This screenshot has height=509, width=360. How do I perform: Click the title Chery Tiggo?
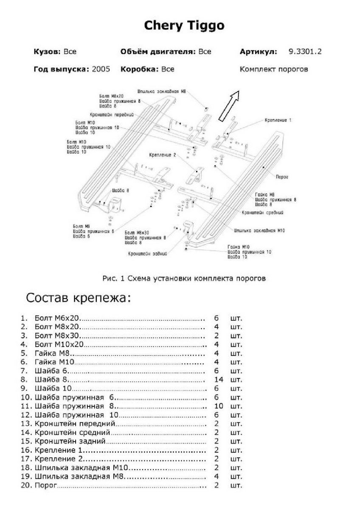click(x=184, y=26)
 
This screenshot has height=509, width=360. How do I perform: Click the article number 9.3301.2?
click(x=305, y=52)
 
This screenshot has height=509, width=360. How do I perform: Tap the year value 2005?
click(x=101, y=69)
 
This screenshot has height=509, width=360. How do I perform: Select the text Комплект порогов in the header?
click(x=273, y=69)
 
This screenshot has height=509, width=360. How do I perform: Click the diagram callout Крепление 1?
click(x=278, y=120)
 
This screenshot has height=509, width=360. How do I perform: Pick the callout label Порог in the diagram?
click(x=282, y=177)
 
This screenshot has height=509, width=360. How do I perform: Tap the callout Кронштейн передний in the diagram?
click(x=112, y=115)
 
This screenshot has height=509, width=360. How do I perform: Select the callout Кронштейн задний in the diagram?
click(x=147, y=254)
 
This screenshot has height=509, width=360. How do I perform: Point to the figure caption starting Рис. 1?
click(x=184, y=279)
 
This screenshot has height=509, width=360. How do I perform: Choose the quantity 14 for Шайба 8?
click(x=219, y=379)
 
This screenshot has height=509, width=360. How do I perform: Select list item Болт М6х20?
click(x=58, y=318)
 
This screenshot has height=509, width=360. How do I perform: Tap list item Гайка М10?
click(x=55, y=362)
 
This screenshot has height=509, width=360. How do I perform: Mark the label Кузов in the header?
click(x=47, y=52)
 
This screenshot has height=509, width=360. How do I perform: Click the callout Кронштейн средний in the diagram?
click(x=262, y=212)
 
